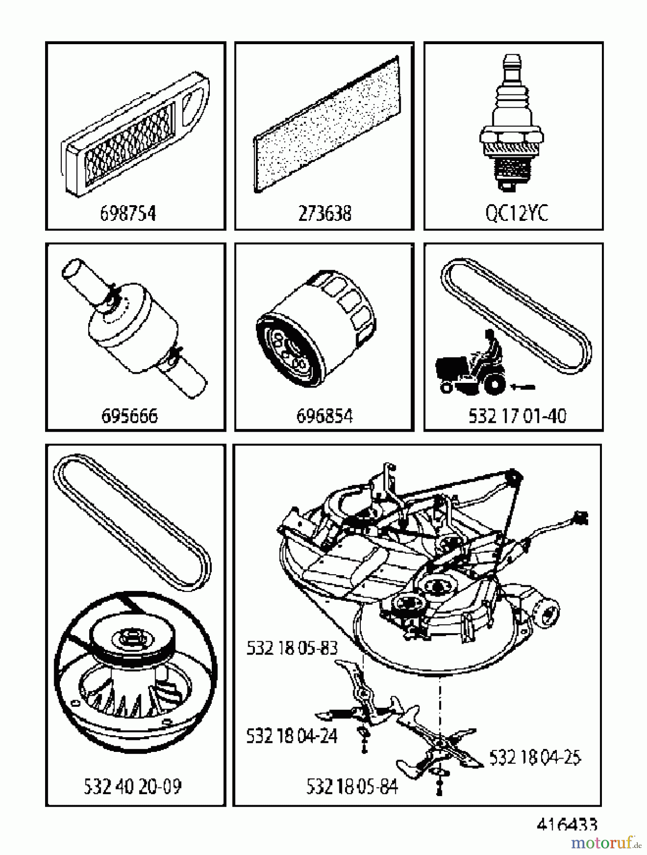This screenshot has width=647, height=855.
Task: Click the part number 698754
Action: [x=128, y=214]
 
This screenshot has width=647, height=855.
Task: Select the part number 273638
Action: [x=325, y=214]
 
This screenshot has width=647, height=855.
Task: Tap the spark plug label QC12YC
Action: [x=516, y=214]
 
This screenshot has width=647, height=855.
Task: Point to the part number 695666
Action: [x=129, y=416]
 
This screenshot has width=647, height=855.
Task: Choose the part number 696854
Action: [x=325, y=416]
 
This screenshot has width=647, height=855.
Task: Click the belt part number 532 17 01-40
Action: [x=517, y=416]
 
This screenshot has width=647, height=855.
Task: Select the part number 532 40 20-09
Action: [x=132, y=787]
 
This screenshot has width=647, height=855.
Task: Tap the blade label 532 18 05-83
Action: [x=291, y=648]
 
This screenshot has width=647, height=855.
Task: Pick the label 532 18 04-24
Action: [x=291, y=736]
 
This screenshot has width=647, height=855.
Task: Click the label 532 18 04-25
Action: [x=534, y=757]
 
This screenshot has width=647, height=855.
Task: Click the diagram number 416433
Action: [x=567, y=824]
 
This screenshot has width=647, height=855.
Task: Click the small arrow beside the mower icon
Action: [x=523, y=388]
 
